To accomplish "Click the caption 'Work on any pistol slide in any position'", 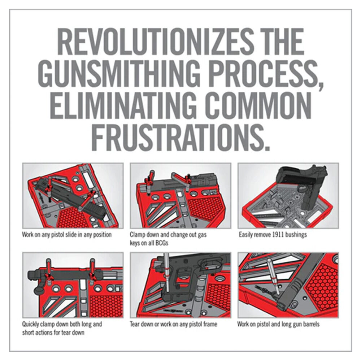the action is [x=67, y=235].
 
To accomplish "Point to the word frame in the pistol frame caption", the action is [x=209, y=324].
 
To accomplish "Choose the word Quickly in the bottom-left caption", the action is [x=30, y=325].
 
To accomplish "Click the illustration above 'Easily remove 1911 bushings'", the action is [x=288, y=196].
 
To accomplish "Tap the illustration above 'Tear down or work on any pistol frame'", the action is [x=180, y=285].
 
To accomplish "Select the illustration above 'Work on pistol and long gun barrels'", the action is [x=288, y=285].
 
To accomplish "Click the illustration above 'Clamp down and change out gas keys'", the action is [x=180, y=196].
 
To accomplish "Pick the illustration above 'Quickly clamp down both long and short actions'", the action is [x=73, y=285].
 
